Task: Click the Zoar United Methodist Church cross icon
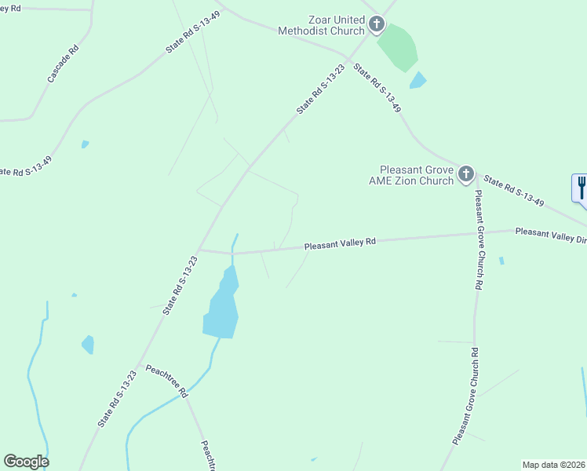point(377,24)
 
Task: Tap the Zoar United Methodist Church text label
point(322,25)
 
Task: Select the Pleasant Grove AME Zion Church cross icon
point(466,174)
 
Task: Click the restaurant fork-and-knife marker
point(581,188)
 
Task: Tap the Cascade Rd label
point(64,64)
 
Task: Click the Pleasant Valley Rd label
point(341,244)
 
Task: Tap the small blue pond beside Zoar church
point(418,80)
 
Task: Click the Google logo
point(26,462)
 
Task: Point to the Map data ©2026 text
point(553,465)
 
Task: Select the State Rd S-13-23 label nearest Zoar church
point(321,90)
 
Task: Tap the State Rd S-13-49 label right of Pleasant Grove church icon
point(514,191)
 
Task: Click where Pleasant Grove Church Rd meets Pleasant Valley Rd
point(475,234)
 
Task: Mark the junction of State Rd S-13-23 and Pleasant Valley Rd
point(200,250)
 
